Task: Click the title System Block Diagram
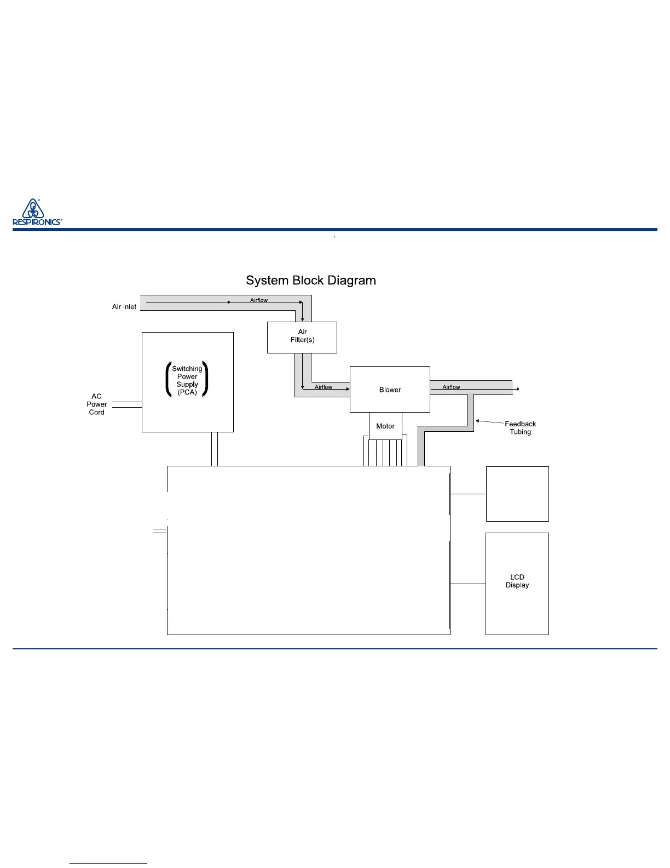[x=310, y=281]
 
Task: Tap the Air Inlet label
[x=124, y=307]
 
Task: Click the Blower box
[x=390, y=390]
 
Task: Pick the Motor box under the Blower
[x=385, y=426]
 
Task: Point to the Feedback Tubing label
[x=520, y=428]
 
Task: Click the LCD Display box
[x=517, y=583]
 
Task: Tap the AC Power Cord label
[x=97, y=404]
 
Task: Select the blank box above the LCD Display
[x=517, y=494]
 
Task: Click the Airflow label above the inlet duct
[x=259, y=300]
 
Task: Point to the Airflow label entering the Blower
[x=324, y=387]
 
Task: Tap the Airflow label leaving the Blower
[x=451, y=387]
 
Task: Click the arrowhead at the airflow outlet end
[x=517, y=390]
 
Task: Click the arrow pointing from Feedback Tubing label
[x=489, y=422]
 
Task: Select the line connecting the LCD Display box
[x=468, y=584]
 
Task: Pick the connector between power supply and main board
[x=215, y=449]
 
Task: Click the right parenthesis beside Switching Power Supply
[x=206, y=379]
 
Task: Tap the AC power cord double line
[x=127, y=404]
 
